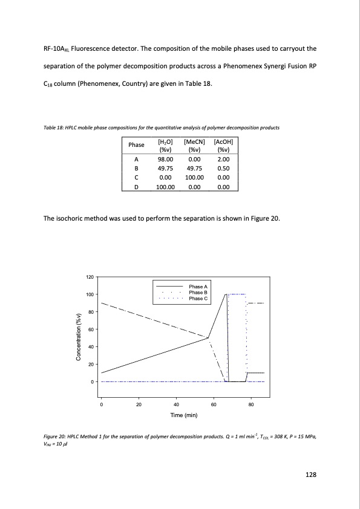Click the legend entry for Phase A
(198, 287)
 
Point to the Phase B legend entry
(198, 293)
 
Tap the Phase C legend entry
(198, 299)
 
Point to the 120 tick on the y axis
(90, 277)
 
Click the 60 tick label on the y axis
(91, 329)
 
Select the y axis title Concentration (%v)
(79, 337)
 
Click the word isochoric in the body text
(76, 218)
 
